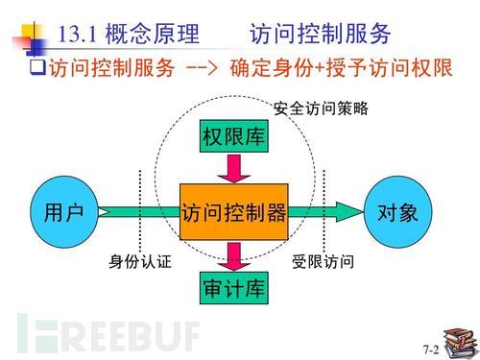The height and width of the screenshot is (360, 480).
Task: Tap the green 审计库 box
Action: click(x=233, y=287)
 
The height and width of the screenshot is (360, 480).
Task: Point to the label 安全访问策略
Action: click(x=321, y=109)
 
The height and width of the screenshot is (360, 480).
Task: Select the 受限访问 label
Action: click(x=324, y=261)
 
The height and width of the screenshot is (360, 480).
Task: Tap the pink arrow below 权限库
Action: click(x=233, y=169)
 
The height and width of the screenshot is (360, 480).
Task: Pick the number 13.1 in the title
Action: click(x=80, y=35)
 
